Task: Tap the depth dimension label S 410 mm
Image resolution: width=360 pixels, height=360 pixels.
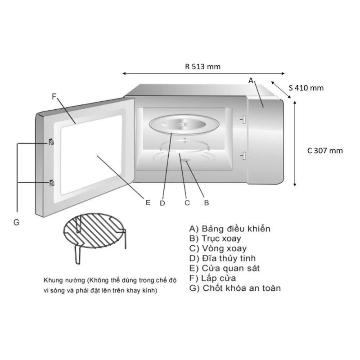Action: coord(306,88)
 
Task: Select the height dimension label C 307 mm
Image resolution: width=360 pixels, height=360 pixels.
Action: coord(325,151)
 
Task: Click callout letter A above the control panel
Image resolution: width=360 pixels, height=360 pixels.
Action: coord(251,80)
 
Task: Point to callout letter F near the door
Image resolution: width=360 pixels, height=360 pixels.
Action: coord(54,96)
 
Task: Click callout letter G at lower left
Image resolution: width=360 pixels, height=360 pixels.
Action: coord(16,222)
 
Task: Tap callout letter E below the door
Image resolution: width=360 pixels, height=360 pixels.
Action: coord(148,202)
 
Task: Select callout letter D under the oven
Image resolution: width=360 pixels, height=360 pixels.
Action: coord(162,203)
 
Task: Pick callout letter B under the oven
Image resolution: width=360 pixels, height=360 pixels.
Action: coord(207,202)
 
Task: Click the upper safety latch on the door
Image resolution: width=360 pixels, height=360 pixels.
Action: coord(51,143)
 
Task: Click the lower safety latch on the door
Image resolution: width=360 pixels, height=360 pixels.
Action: coord(51,182)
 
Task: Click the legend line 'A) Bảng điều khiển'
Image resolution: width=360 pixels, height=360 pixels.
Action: coord(230,229)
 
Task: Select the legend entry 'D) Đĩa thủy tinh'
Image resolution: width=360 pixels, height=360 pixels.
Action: coord(223,258)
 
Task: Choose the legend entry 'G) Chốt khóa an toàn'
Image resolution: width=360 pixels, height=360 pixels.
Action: coord(235,288)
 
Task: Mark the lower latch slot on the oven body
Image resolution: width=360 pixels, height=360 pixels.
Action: coord(243,156)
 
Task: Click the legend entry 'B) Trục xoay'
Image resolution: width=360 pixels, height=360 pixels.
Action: coord(216,238)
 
